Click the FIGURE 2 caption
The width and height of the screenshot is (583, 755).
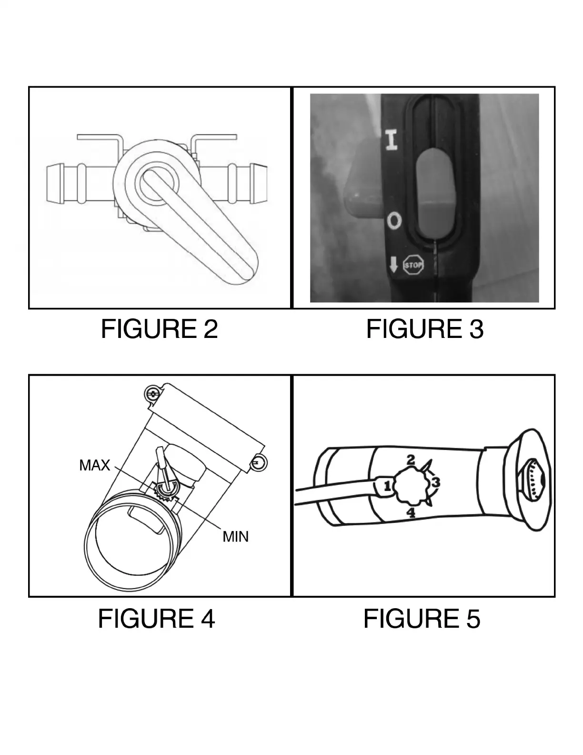(x=159, y=329)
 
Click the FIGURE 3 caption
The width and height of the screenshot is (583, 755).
(x=424, y=329)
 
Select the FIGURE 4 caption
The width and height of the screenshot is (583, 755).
(x=156, y=619)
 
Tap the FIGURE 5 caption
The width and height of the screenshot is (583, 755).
(x=422, y=619)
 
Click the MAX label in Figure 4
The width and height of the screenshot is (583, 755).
(x=94, y=465)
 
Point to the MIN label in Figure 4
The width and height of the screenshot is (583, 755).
(x=235, y=537)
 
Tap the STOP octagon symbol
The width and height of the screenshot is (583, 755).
(x=413, y=265)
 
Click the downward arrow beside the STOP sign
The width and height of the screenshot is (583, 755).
(x=393, y=265)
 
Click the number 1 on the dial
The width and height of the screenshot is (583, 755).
(x=387, y=486)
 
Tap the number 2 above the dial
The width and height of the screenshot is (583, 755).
(x=410, y=460)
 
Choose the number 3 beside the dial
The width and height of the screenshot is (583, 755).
(x=435, y=482)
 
